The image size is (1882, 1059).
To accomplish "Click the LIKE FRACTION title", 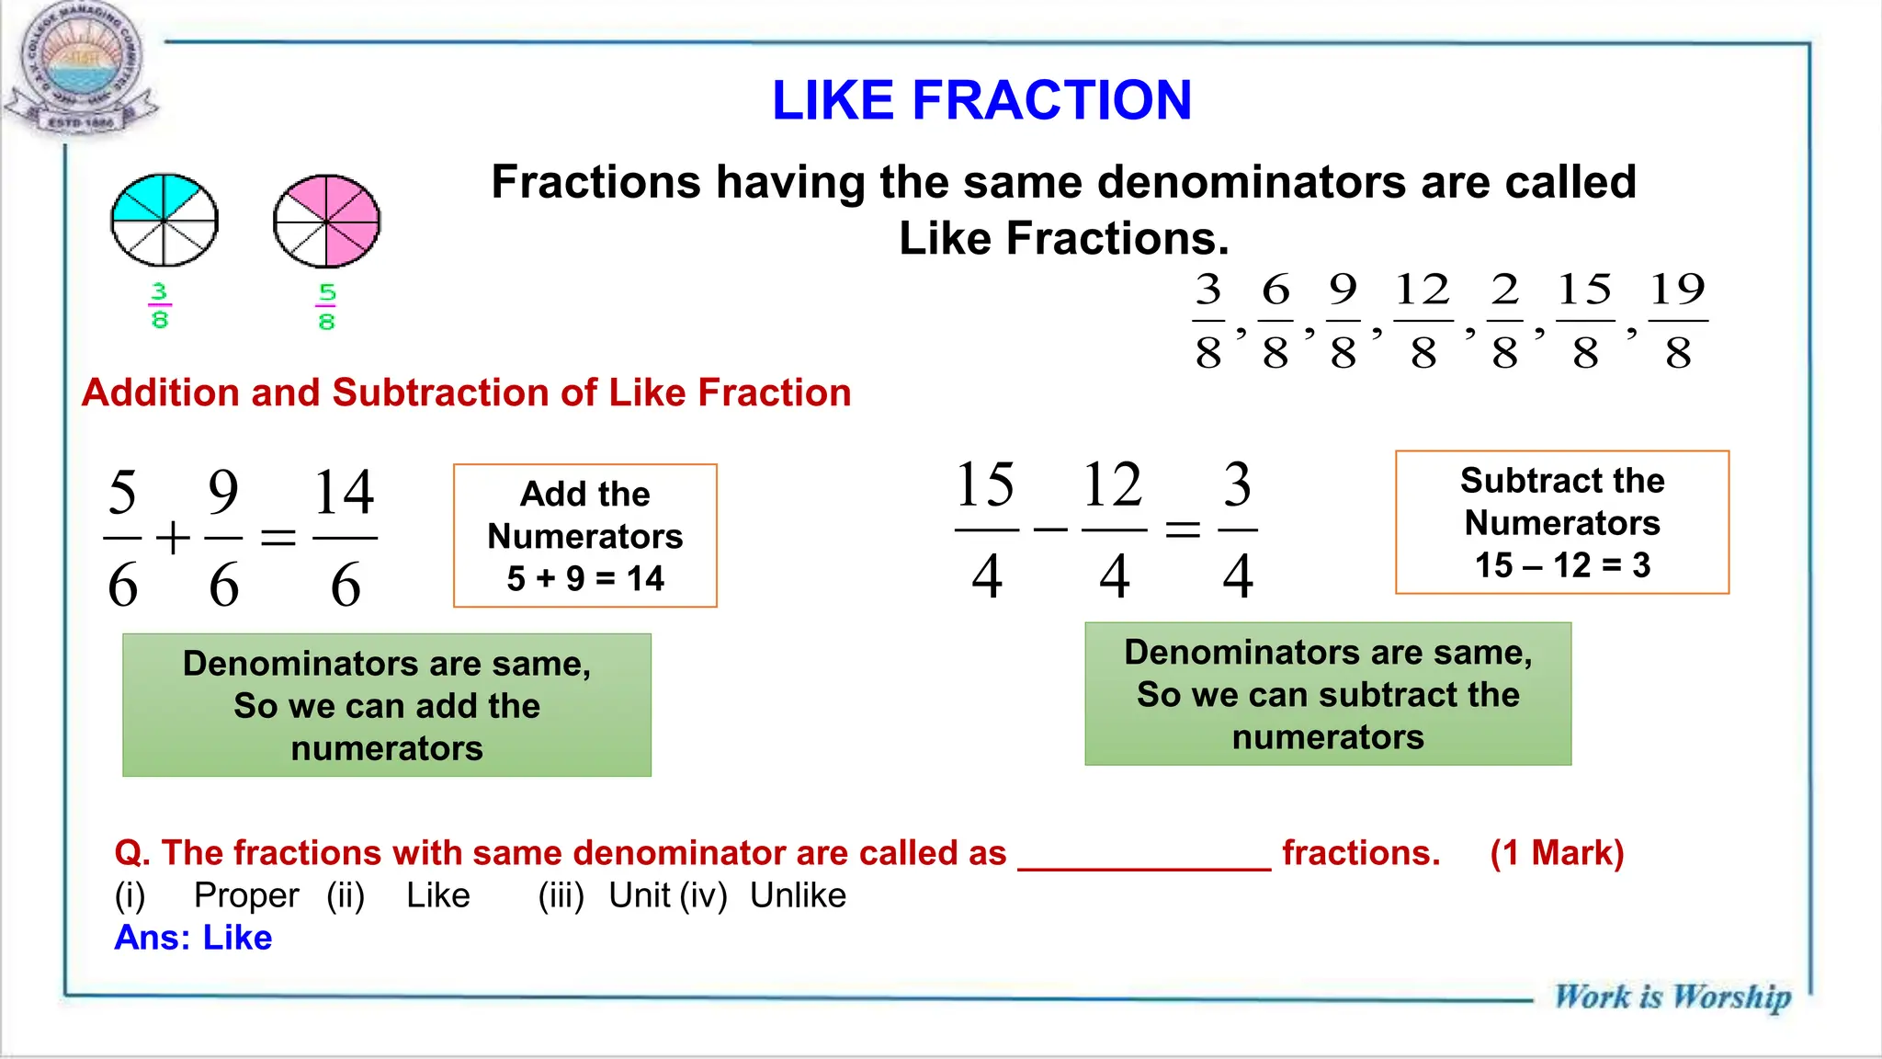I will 981,100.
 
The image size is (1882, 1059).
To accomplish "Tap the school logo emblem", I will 81,69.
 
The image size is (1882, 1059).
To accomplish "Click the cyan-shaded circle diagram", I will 164,220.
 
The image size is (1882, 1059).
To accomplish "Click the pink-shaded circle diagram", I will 326,221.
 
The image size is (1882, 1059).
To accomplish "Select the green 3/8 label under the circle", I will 159,306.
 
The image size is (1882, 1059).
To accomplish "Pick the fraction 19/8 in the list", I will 1677,320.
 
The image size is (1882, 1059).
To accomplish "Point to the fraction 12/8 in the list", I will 1423,320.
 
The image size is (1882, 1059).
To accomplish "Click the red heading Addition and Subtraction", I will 466,393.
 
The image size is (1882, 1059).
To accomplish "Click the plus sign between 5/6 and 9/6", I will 173,538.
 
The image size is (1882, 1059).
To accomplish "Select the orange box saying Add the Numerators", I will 585,536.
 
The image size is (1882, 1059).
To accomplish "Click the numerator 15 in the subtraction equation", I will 985,484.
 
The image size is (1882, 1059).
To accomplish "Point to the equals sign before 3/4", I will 1183,529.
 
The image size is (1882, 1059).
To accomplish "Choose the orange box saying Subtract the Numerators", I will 1562,522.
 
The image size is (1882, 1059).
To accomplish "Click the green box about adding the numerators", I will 387,705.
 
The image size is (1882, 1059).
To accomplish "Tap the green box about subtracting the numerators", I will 1328,694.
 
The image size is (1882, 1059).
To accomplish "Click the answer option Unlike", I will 798,895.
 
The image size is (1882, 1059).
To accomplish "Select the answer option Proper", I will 246,895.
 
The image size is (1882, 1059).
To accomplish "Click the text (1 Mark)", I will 1557,853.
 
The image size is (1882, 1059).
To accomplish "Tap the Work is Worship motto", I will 1672,996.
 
